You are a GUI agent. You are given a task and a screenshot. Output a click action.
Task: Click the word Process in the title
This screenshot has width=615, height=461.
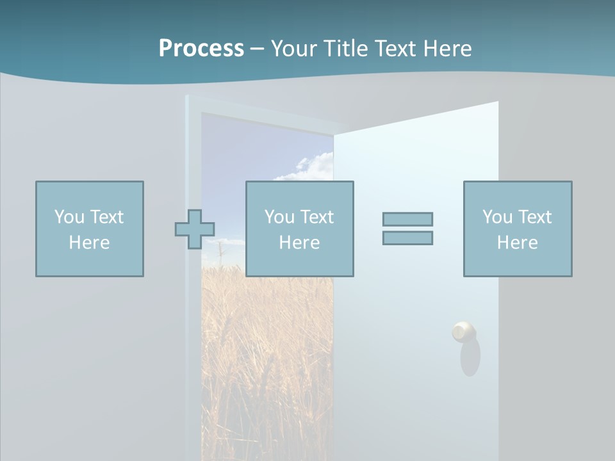coord(201,49)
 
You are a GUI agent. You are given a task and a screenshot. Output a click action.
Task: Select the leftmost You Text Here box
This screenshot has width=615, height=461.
coord(90,229)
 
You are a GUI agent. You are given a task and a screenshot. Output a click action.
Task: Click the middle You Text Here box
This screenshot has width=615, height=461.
coord(299,229)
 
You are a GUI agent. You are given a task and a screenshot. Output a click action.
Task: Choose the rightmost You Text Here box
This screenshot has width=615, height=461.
coord(518,229)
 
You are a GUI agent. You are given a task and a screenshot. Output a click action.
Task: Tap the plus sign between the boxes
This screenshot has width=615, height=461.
coord(195,229)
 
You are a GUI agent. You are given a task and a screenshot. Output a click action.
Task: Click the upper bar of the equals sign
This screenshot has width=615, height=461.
coord(407,219)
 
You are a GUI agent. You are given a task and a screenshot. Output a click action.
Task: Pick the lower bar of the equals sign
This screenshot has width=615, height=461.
coord(407,238)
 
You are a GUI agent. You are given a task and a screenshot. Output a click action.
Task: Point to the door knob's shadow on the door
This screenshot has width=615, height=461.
coord(471,359)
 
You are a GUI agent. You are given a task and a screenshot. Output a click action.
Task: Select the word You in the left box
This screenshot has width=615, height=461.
coord(69,217)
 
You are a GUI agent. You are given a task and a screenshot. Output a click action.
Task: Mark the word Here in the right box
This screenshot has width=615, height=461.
coord(518,243)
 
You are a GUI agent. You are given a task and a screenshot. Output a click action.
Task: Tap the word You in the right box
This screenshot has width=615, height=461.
coord(497,217)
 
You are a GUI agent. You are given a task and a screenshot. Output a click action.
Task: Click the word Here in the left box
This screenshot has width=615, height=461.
coord(90,243)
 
